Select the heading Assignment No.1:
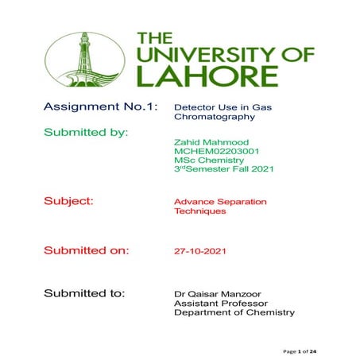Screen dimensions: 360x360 [x=100, y=106]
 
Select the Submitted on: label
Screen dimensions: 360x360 [x=86, y=250]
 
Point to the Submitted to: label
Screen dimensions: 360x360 [x=84, y=292]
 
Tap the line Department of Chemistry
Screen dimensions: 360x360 [x=234, y=313]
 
